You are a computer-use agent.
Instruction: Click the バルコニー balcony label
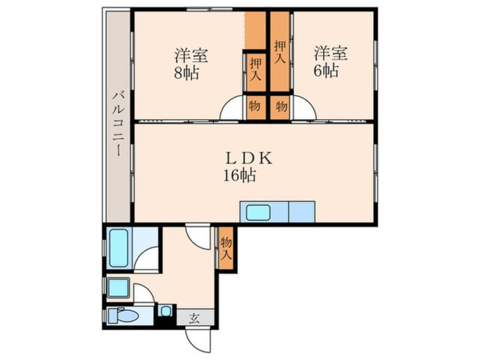click(118, 124)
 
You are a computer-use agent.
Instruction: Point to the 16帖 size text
click(239, 175)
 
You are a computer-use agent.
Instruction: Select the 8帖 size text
click(187, 73)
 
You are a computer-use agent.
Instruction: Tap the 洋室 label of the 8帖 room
click(191, 56)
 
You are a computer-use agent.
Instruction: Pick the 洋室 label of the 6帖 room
click(331, 54)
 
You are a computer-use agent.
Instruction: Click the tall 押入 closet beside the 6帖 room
click(280, 51)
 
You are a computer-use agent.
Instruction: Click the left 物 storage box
click(255, 105)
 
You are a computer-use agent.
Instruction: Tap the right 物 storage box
click(280, 105)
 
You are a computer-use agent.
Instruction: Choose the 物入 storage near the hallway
click(226, 248)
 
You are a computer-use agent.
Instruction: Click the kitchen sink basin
click(258, 212)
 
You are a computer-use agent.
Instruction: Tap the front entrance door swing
click(199, 341)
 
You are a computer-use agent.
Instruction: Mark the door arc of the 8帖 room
click(232, 109)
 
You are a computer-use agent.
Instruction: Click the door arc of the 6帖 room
click(304, 109)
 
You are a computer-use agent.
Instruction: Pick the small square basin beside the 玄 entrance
click(165, 311)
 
